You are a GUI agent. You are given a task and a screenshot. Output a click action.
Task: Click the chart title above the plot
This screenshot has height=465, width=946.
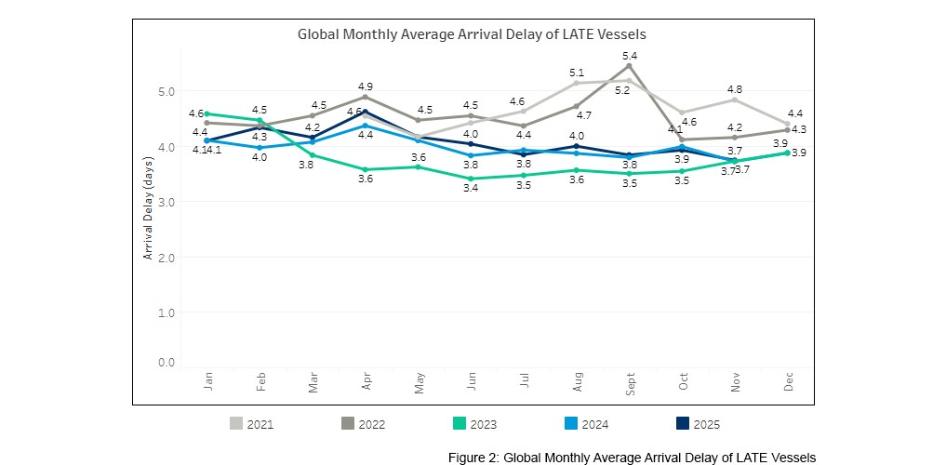pyautogui.click(x=472, y=33)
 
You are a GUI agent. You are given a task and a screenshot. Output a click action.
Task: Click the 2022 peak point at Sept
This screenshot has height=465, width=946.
pyautogui.click(x=630, y=66)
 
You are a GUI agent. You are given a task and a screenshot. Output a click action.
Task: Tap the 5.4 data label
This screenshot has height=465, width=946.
pyautogui.click(x=630, y=55)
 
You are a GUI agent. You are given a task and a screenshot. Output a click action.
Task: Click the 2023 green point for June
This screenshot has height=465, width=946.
pyautogui.click(x=472, y=179)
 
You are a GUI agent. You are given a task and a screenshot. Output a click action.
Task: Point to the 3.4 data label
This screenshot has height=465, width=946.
pyautogui.click(x=472, y=190)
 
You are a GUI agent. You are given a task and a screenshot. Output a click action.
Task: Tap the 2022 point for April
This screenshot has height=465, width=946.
pyautogui.click(x=366, y=97)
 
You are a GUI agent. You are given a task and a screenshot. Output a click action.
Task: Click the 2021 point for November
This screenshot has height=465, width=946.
pyautogui.click(x=735, y=100)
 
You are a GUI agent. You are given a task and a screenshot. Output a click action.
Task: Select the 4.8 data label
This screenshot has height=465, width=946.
pyautogui.click(x=735, y=88)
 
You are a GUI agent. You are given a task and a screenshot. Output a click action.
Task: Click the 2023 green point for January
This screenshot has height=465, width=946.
pyautogui.click(x=207, y=113)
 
